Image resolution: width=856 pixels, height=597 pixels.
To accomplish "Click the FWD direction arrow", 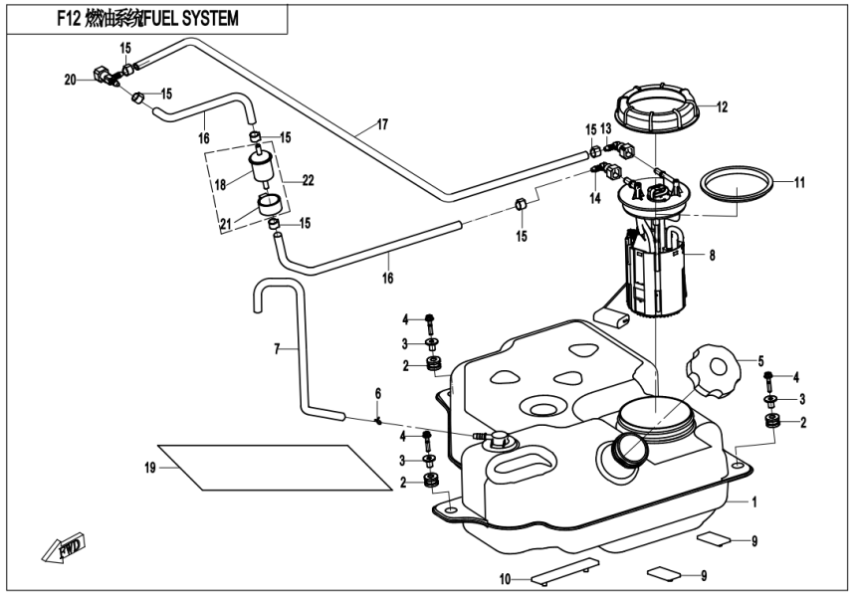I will click(62, 548).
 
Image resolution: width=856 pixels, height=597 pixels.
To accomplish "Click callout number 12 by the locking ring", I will click(722, 106).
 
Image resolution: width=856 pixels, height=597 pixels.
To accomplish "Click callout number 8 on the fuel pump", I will click(712, 255).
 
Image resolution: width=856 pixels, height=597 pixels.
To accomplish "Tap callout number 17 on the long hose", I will click(381, 125).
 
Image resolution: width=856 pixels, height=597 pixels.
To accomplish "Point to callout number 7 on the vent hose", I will click(279, 349).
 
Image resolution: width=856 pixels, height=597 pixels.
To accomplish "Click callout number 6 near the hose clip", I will click(378, 394).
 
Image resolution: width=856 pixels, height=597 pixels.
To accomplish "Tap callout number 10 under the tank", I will click(505, 578).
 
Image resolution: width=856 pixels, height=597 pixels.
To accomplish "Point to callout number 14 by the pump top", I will click(596, 198).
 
